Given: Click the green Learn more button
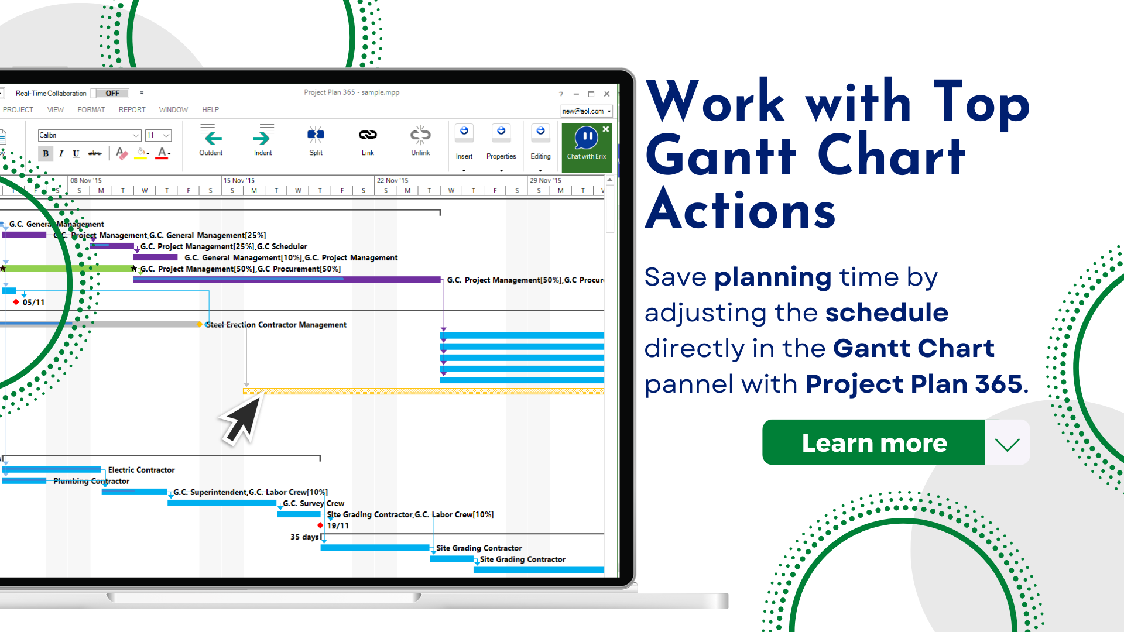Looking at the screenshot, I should point(873,442).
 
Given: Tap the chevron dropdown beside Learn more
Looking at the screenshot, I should point(1007,444).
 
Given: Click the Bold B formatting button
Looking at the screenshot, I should point(46,153).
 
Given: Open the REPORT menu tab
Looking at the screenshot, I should point(132,109).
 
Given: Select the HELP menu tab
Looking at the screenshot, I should point(210,109).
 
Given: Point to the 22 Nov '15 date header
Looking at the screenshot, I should point(393,180).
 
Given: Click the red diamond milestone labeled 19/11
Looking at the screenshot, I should point(320,525).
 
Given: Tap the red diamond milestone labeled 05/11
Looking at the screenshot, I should point(16,302).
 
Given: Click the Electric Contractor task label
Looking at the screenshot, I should point(141,470).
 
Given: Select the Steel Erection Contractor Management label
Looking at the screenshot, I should point(276,325).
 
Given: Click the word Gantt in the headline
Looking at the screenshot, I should point(721,156).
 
